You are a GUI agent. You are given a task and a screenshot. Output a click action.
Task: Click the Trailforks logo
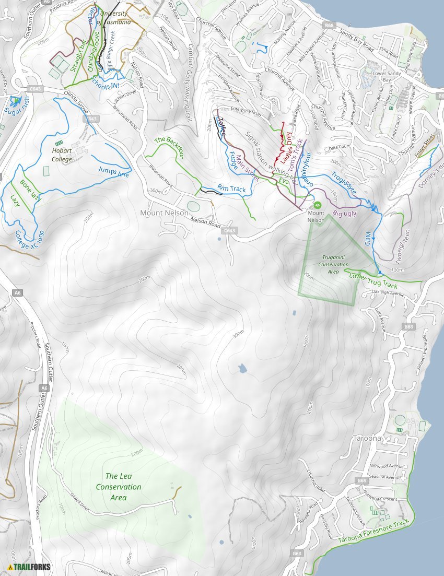point(25,567)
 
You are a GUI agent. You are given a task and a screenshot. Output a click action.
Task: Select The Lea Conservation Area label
point(118,487)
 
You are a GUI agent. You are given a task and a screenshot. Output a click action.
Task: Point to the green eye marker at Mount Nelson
point(317,204)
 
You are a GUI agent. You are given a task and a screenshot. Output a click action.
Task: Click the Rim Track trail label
point(231,189)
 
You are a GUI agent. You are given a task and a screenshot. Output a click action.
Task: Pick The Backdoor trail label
point(169,147)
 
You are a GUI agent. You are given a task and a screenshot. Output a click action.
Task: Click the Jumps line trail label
point(113,172)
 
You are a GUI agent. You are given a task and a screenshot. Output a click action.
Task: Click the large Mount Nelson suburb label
point(164,213)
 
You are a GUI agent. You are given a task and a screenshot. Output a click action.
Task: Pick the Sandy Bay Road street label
point(357,40)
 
